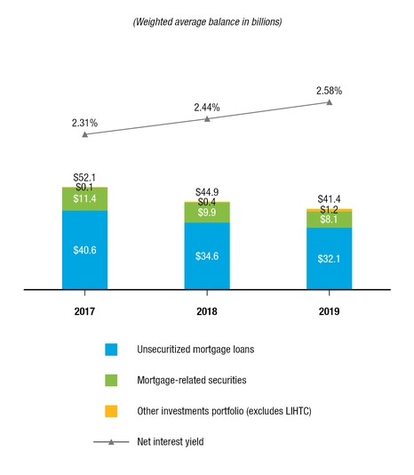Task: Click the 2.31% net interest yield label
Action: [85, 122]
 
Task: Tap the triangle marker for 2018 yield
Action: [207, 118]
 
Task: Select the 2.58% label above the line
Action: [329, 91]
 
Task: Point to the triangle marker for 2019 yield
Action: [330, 102]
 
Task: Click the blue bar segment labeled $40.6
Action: [85, 250]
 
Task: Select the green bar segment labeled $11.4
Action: [85, 199]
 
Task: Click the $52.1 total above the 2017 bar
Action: [85, 178]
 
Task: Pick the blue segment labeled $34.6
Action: [207, 256]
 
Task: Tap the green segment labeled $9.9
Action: [207, 213]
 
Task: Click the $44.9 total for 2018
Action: [207, 192]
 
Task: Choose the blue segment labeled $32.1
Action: [329, 259]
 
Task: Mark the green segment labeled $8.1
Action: [329, 220]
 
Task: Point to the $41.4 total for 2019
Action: [329, 198]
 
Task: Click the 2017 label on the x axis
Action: [85, 312]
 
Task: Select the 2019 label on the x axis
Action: [329, 312]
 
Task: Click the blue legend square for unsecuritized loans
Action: [111, 350]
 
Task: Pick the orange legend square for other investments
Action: [111, 411]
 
